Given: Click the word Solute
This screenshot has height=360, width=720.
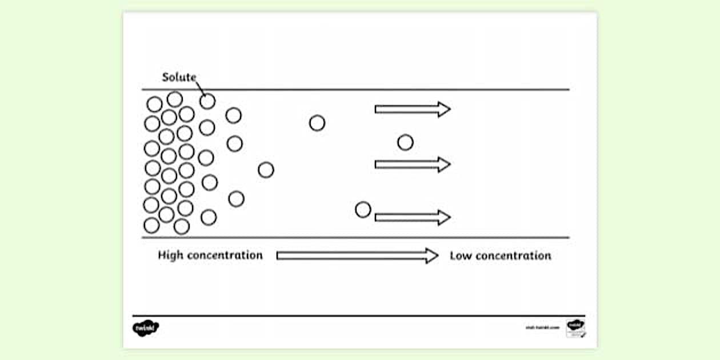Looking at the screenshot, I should (x=179, y=77).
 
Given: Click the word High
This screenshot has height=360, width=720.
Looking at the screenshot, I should (x=170, y=255).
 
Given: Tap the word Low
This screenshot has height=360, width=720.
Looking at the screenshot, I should (x=461, y=255).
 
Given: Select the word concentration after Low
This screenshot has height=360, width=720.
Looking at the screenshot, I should (x=513, y=255).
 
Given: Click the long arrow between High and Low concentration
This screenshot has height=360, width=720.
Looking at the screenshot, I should (x=357, y=255).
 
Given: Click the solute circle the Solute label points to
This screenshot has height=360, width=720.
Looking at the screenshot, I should (x=207, y=101).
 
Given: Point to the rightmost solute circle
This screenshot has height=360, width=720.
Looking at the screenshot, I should (x=405, y=142).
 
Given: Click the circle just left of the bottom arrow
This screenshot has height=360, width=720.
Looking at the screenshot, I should (x=363, y=210).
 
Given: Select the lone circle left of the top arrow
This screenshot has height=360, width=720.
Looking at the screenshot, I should (x=317, y=123).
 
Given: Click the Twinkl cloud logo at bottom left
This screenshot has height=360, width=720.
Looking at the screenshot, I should (x=146, y=327).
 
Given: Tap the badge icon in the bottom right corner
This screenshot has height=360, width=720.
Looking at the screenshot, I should (x=575, y=328).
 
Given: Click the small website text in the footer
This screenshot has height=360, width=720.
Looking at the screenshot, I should (x=542, y=327).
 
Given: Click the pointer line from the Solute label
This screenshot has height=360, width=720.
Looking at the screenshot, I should (x=200, y=88).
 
